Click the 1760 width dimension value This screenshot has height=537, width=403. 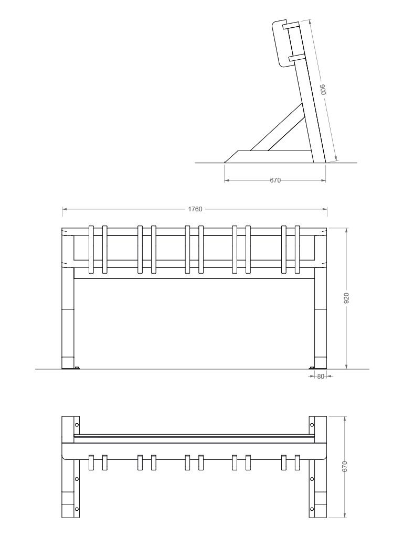pos(195,209)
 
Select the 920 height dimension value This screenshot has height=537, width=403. pos(347,298)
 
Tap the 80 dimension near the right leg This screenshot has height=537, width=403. pos(320,376)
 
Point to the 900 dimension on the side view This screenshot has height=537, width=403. pos(324,90)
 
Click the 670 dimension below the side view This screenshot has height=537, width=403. pos(275,180)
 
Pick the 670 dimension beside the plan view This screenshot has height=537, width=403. pos(345,466)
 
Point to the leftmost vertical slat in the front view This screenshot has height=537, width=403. pos(91,250)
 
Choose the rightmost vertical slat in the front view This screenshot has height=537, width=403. pos(298,250)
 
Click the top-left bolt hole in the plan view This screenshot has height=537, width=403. pos(77,424)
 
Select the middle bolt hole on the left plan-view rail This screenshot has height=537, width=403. pos(77,479)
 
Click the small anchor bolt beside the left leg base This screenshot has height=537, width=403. pos(77,368)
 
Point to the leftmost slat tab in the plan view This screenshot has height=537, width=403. pos(91,463)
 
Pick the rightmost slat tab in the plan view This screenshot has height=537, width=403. pos(298,463)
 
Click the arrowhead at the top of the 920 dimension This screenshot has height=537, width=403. pos(346,230)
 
